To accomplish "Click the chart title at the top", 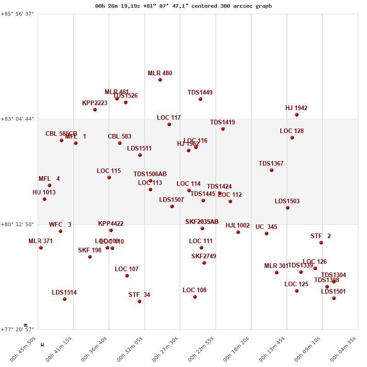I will coord(183,6).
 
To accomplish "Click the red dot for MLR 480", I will coord(160,80).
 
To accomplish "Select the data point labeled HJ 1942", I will coord(297,115).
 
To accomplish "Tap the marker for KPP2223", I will coord(95,110).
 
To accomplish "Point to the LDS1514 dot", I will coord(65,299).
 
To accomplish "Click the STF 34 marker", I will coord(139,301).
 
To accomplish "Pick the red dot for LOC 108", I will coord(195,297).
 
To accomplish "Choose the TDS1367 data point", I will coord(272,170).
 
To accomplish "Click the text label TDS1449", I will coord(200,93).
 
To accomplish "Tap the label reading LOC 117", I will coord(169,118).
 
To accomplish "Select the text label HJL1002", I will coord(238,226).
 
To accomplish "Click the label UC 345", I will coord(266,227).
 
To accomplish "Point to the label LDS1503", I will coord(287,201).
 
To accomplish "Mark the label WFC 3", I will coord(60,225).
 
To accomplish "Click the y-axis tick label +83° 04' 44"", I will coord(18,119).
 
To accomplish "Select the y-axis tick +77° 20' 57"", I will coord(18,329).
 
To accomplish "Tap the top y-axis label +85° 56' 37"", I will coord(18,14).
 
